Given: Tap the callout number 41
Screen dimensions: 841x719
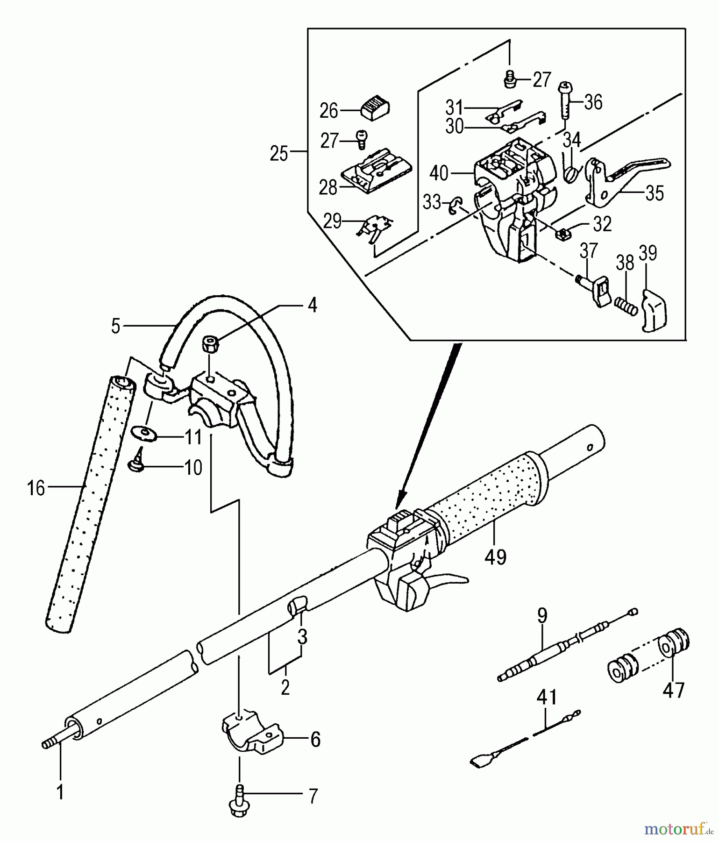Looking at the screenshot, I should pyautogui.click(x=547, y=697).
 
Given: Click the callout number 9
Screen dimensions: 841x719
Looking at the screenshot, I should pyautogui.click(x=541, y=616).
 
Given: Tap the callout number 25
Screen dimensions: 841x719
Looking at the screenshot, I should pyautogui.click(x=279, y=153).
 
